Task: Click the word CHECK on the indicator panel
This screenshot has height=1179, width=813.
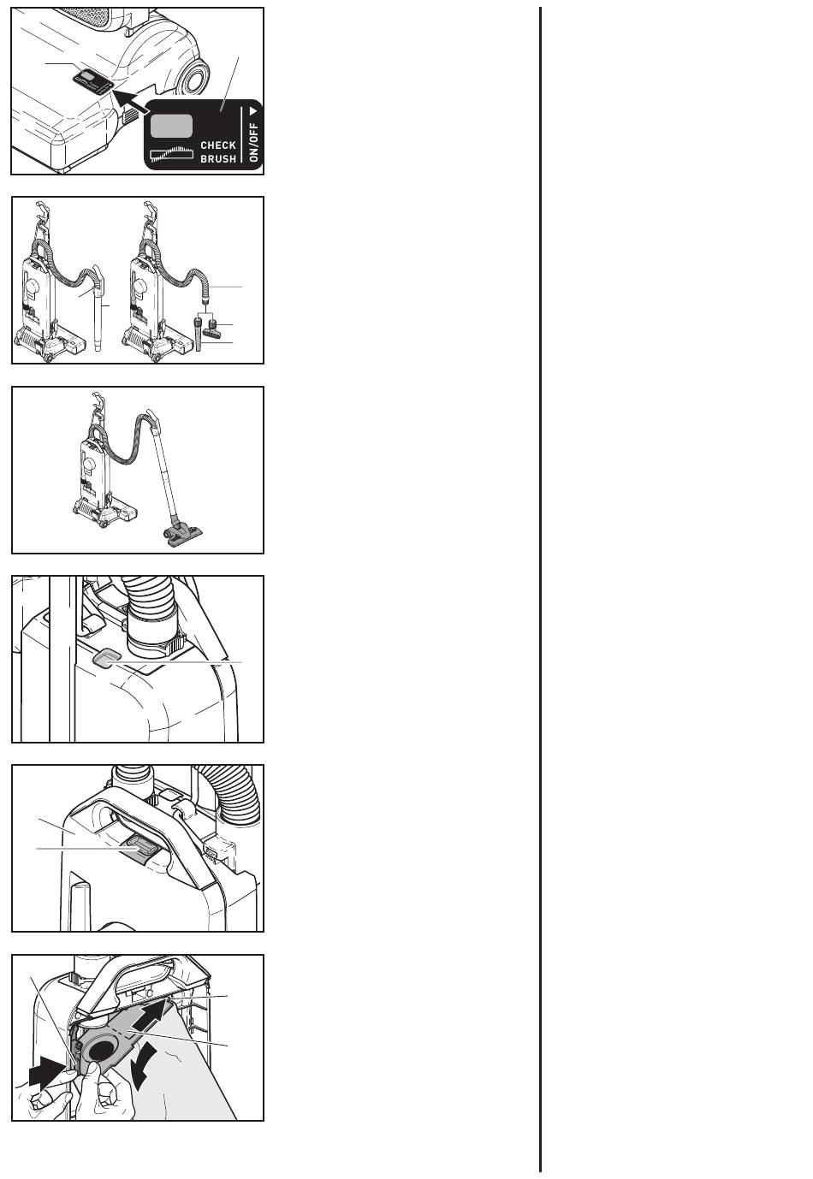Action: [x=218, y=145]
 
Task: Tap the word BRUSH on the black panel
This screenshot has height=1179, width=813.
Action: [x=218, y=159]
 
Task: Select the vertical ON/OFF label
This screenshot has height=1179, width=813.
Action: [x=254, y=142]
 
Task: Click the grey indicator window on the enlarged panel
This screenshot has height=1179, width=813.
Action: [x=171, y=127]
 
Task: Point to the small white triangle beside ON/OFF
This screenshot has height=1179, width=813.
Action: [x=254, y=111]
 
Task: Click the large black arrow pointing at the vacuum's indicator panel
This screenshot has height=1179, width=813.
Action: [x=130, y=100]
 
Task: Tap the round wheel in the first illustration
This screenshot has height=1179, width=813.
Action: [x=193, y=77]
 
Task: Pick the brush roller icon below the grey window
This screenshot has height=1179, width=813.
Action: [x=172, y=153]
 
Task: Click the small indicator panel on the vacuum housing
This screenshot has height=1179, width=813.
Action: [x=92, y=81]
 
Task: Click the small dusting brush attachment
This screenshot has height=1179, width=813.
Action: [x=211, y=330]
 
